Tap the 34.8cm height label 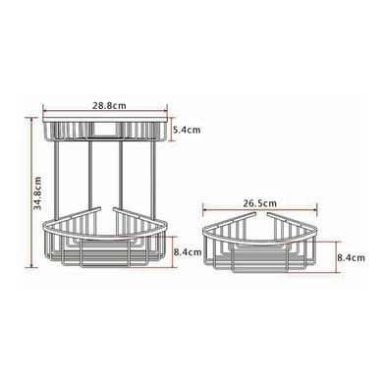click(37, 192)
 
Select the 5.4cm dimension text click(187, 130)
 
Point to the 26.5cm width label click(259, 203)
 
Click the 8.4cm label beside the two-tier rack click(188, 252)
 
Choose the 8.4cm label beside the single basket click(352, 257)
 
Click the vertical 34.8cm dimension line click(31, 192)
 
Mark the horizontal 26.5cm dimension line click(260, 210)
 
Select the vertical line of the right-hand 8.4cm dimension click(336, 256)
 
